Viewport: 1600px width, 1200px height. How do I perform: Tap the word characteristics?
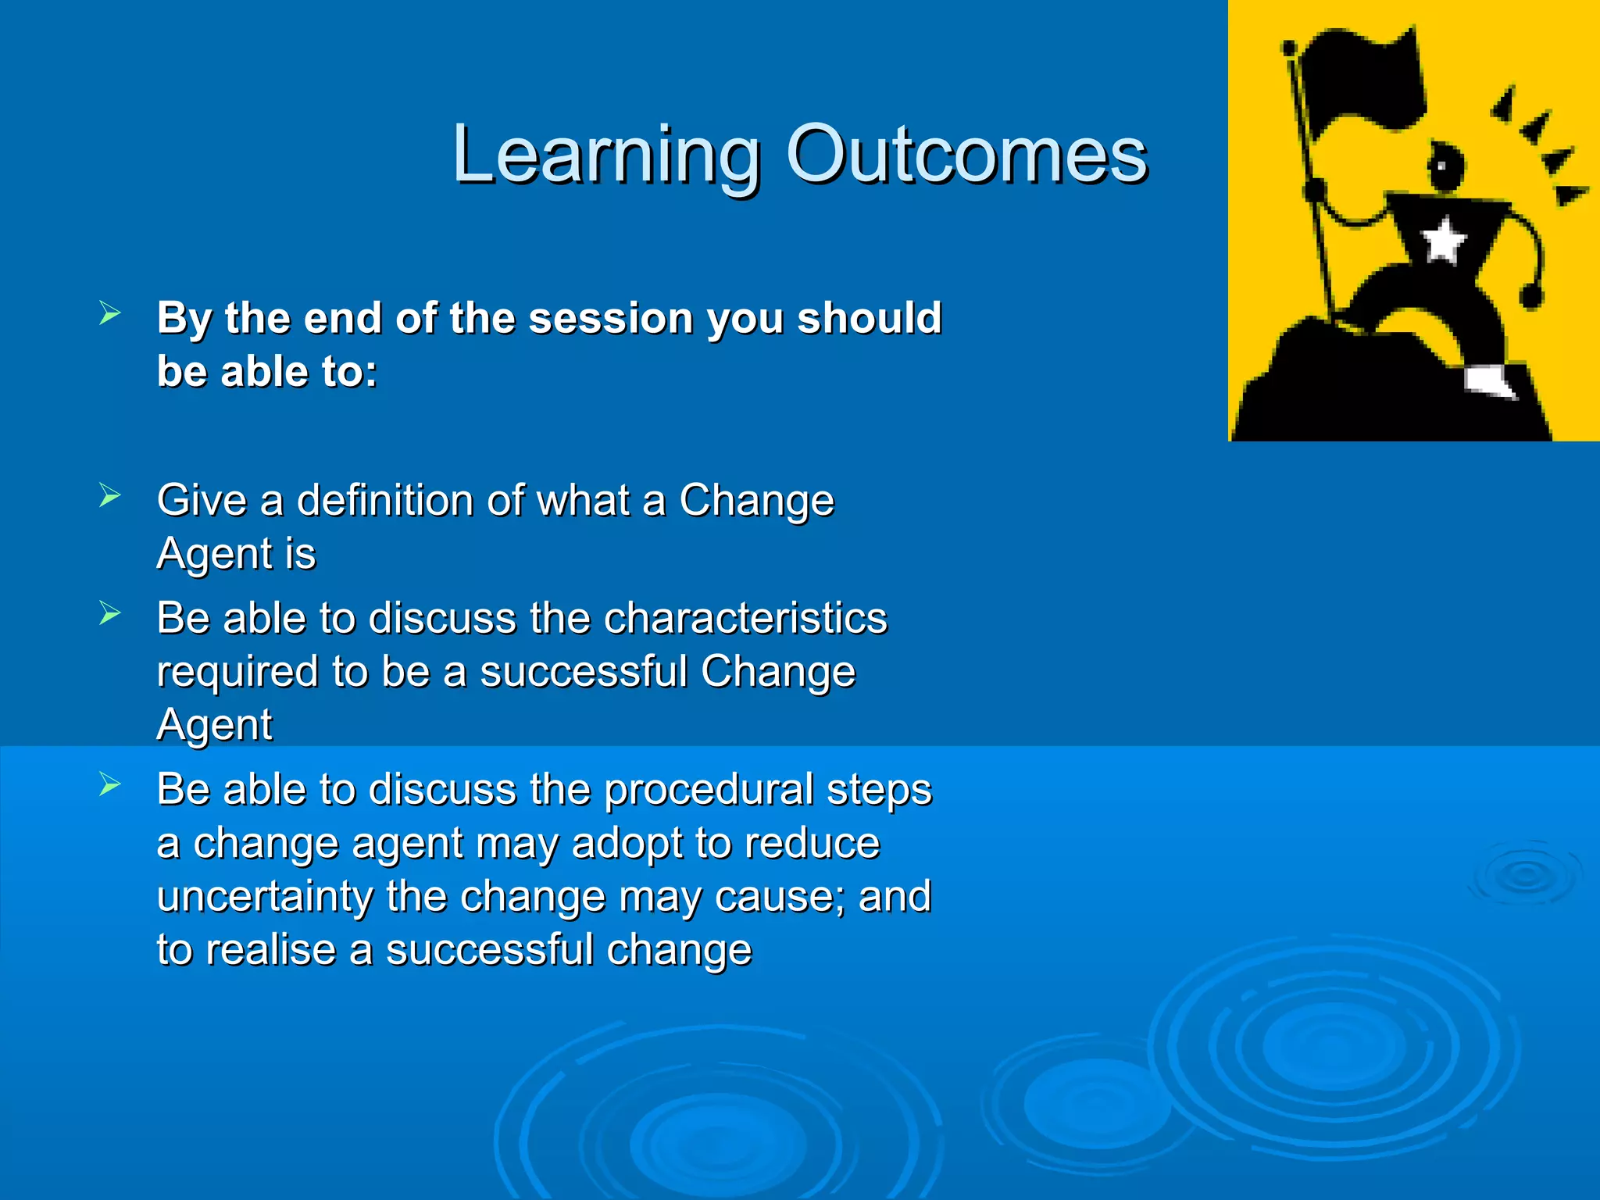coord(745,618)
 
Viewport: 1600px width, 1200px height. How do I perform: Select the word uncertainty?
coord(264,896)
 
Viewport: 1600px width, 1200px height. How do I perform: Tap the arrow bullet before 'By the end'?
coord(110,314)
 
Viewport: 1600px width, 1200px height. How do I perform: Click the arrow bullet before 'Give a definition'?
coord(110,495)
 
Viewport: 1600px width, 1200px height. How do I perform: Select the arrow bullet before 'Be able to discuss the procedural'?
coord(110,784)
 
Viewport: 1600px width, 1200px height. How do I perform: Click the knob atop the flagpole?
coord(1289,48)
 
